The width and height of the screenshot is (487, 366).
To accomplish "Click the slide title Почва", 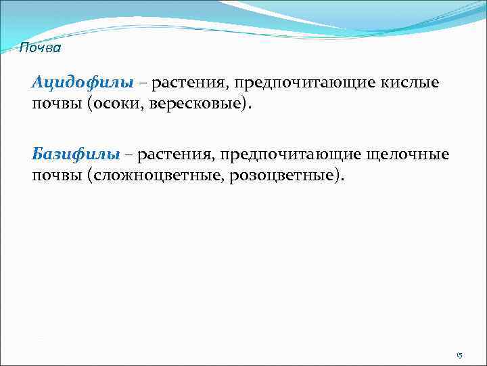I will (40, 48).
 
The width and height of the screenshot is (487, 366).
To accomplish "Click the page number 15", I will (459, 355).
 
